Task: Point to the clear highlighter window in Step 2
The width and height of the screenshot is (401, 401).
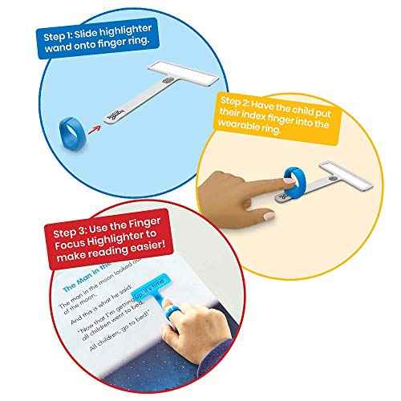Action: pos(340,171)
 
